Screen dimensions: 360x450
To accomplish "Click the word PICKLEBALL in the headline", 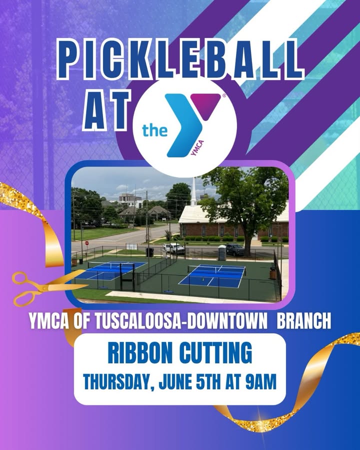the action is coord(180,59).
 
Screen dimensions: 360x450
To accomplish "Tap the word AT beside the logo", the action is coord(107,109).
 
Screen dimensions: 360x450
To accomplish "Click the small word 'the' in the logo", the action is coord(154,130).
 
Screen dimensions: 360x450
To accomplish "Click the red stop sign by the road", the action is coord(86,243).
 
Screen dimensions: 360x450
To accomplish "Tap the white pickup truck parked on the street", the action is coord(173,248).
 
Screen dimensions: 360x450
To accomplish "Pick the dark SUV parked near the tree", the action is coord(235,249).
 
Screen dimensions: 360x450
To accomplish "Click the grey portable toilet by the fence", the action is coord(222,251).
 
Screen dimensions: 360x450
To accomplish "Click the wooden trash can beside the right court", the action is coord(272,273).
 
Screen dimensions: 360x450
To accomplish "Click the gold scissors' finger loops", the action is coord(23,288).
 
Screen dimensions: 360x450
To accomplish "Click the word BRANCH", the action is coord(304,321).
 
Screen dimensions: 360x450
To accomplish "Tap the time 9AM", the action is coord(261,381).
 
